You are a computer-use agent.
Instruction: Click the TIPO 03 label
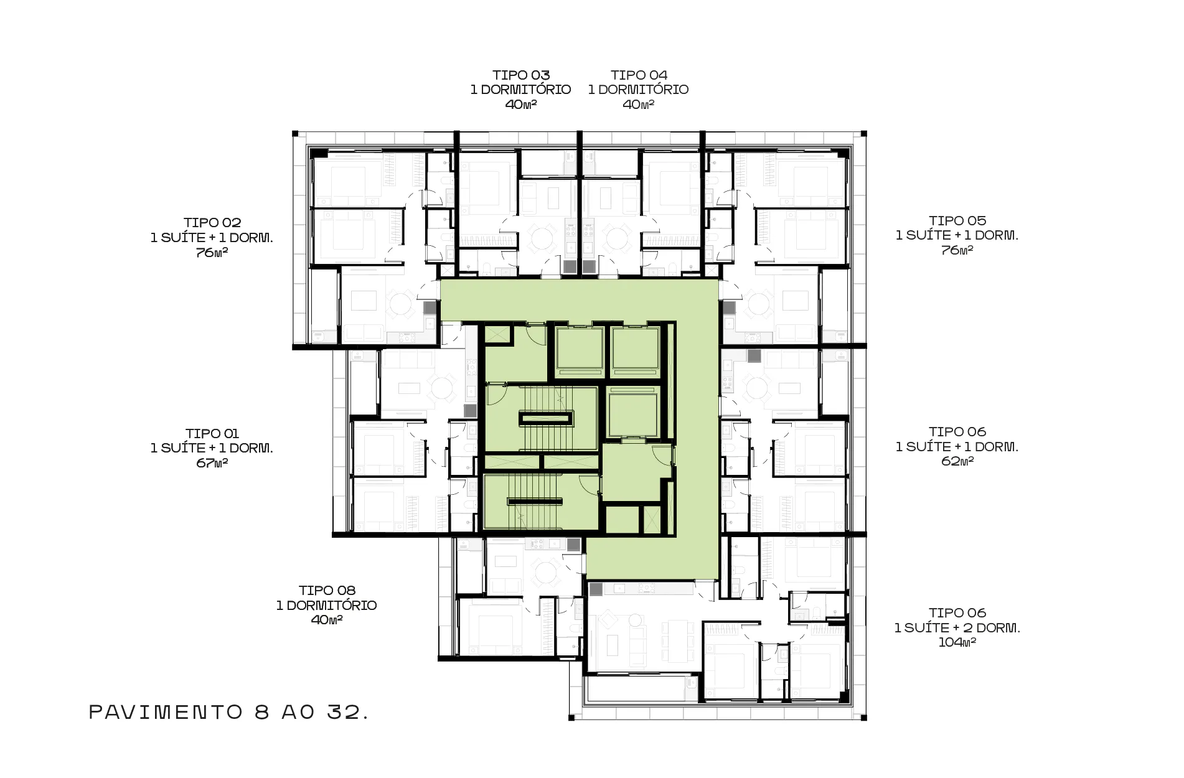point(521,75)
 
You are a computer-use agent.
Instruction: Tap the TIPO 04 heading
point(639,75)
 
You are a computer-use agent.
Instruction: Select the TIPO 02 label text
point(212,222)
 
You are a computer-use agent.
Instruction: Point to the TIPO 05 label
point(957,220)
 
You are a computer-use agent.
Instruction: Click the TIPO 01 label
point(212,433)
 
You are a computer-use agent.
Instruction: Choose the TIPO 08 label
point(327,590)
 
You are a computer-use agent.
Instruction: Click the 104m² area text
point(957,642)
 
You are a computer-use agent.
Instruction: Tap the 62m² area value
point(957,461)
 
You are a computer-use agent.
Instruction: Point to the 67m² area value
point(212,463)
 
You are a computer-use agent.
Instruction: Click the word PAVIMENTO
point(166,712)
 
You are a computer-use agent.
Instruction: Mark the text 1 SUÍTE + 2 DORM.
point(957,628)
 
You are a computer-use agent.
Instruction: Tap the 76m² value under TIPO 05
point(957,250)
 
